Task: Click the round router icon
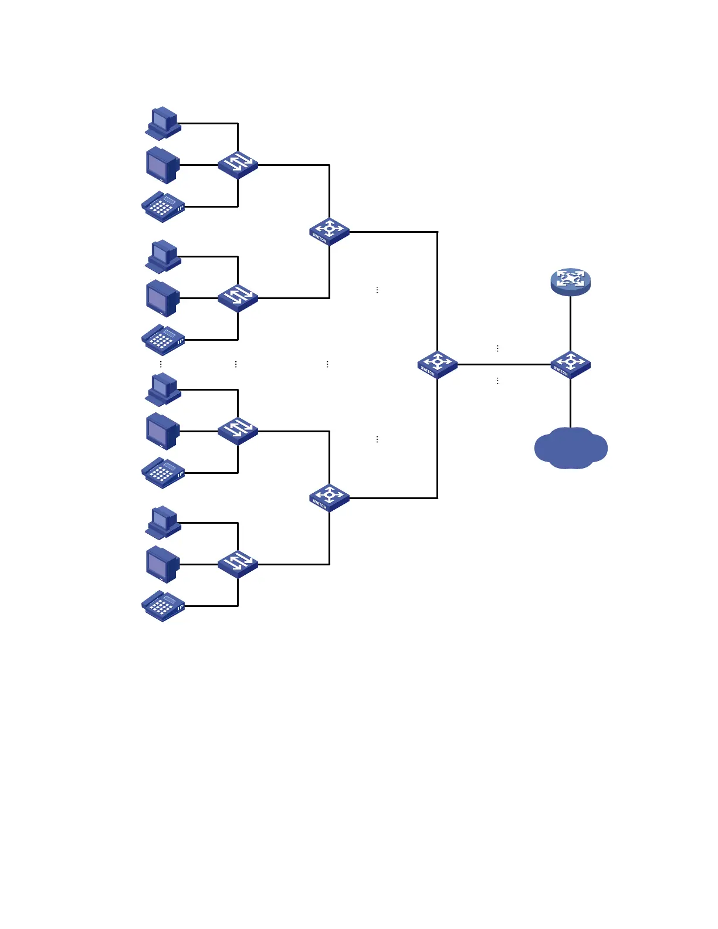pyautogui.click(x=570, y=282)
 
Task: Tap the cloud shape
pyautogui.click(x=571, y=448)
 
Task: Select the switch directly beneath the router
pyautogui.click(x=570, y=364)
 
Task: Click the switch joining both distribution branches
pyautogui.click(x=438, y=364)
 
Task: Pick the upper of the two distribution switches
pyautogui.click(x=329, y=232)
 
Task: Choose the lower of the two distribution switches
pyautogui.click(x=329, y=498)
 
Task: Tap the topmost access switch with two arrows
pyautogui.click(x=238, y=165)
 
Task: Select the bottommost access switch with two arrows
pyautogui.click(x=238, y=564)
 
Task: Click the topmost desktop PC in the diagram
pyautogui.click(x=163, y=123)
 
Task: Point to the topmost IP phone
pyautogui.click(x=163, y=206)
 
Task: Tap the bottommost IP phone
pyautogui.click(x=163, y=606)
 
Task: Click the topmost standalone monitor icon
pyautogui.click(x=162, y=165)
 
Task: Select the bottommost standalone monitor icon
pyautogui.click(x=162, y=565)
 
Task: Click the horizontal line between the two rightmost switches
pyautogui.click(x=504, y=364)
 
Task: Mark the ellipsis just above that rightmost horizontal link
pyautogui.click(x=497, y=348)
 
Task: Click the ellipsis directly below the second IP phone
pyautogui.click(x=161, y=364)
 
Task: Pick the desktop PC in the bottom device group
pyautogui.click(x=163, y=523)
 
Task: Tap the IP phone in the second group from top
pyautogui.click(x=163, y=340)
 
